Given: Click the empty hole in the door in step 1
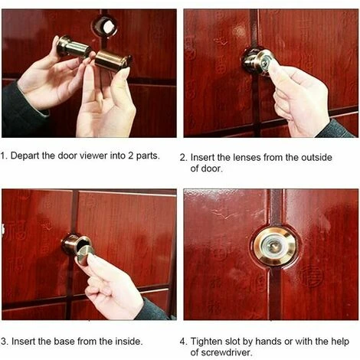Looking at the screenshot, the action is coord(105,26).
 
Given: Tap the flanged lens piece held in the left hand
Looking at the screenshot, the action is coord(74,47).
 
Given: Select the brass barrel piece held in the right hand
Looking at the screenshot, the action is coord(113,61).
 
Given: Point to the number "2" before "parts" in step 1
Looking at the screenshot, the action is coord(131,155).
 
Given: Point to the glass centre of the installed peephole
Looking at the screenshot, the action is coord(275,246).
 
